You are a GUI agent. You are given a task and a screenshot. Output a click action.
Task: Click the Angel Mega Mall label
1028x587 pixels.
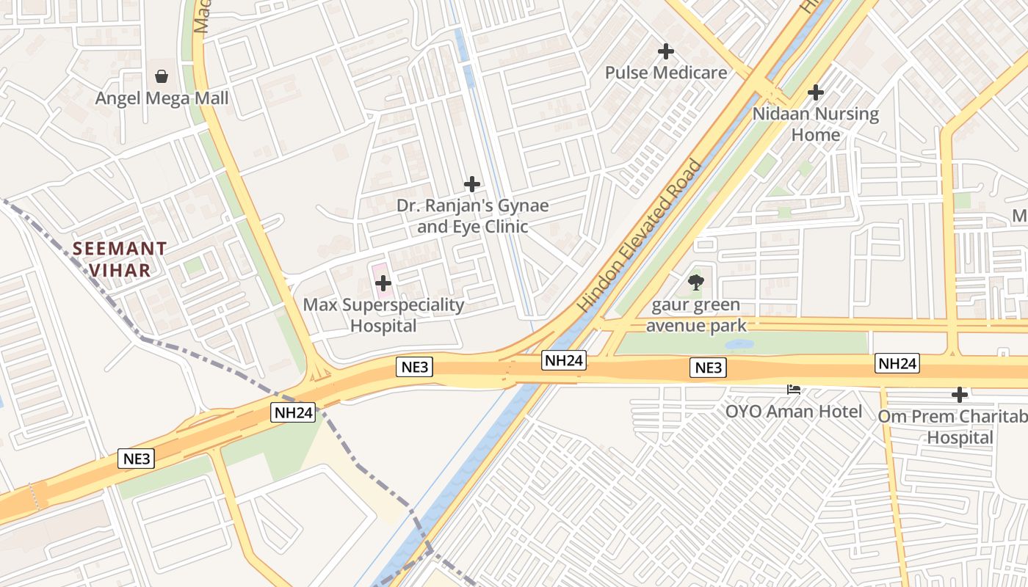pos(162,98)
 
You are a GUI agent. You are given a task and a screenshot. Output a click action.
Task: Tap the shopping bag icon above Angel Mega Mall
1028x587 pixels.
pos(162,76)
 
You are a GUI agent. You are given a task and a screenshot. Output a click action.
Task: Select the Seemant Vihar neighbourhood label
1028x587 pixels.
pos(120,259)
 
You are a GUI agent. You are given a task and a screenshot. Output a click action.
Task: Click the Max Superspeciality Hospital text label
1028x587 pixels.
pos(383,315)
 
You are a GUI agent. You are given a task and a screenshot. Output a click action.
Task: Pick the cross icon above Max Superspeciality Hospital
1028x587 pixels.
pos(383,282)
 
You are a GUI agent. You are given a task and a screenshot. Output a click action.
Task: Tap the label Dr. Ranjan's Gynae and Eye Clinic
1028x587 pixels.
pos(472,216)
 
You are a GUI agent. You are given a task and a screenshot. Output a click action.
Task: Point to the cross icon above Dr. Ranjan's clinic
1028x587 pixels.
pos(472,184)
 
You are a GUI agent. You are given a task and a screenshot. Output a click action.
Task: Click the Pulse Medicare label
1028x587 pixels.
pos(666,73)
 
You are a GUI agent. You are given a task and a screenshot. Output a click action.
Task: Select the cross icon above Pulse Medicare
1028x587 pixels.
pos(666,51)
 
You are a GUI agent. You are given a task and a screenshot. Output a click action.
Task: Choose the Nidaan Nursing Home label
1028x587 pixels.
pos(815,124)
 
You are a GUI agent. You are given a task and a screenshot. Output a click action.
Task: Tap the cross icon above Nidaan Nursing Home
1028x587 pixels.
pos(815,92)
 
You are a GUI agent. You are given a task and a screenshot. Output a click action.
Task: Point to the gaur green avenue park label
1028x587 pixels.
pos(696,315)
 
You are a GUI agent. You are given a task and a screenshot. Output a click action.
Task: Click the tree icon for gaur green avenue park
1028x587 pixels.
pos(696,282)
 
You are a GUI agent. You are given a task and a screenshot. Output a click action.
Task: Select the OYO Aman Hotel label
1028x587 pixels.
pos(793,411)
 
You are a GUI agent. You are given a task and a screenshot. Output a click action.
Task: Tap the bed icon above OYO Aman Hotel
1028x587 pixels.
pos(793,388)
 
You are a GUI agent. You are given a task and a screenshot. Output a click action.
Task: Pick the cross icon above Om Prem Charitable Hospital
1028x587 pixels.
pos(959,395)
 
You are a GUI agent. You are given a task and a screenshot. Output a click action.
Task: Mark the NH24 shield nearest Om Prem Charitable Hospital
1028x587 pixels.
pos(897,363)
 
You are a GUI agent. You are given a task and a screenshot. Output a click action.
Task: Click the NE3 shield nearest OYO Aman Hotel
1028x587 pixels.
pos(709,368)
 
